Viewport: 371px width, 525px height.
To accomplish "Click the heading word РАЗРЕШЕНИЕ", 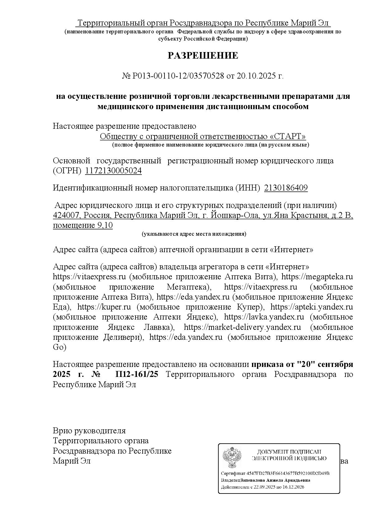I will pos(203,55).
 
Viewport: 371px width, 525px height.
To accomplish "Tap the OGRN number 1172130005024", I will pos(113,171).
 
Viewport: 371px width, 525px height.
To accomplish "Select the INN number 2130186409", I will pos(286,188).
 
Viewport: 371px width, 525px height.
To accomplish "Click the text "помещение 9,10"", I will pos(83,225).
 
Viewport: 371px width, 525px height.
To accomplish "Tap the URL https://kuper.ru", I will pos(104,307).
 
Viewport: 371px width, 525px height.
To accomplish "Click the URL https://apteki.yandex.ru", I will pos(312,307).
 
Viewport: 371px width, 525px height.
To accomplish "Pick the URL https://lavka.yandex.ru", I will pos(264,317).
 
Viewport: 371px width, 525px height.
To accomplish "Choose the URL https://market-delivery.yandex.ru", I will pos(242,327).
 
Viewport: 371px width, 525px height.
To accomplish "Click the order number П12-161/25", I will pos(137,374).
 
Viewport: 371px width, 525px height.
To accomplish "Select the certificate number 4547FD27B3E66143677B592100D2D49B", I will pos(288,474).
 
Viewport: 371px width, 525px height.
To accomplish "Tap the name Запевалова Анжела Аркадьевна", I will pos(275,480).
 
